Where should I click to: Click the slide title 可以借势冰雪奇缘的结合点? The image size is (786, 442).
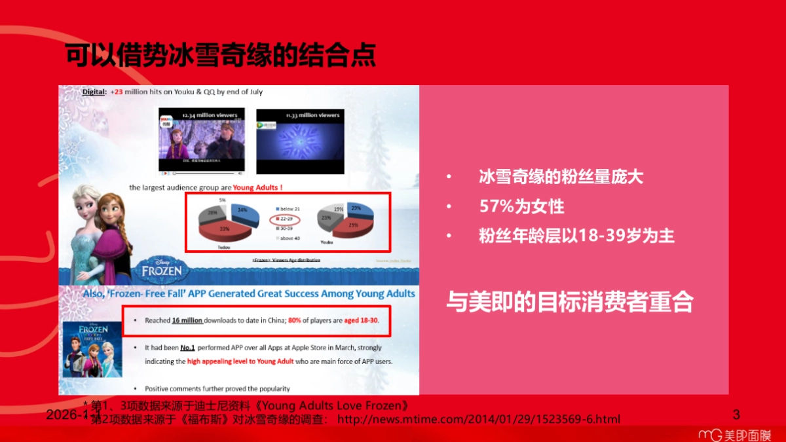click(221, 56)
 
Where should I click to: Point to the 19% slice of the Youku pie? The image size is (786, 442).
click(337, 209)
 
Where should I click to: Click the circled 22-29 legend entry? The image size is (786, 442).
click(286, 219)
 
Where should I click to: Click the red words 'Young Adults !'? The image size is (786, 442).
click(258, 187)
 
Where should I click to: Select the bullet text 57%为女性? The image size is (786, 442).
click(521, 206)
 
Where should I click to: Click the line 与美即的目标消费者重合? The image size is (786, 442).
click(569, 302)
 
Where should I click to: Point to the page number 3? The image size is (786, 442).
click(736, 414)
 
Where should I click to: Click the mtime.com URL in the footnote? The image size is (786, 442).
click(478, 418)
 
